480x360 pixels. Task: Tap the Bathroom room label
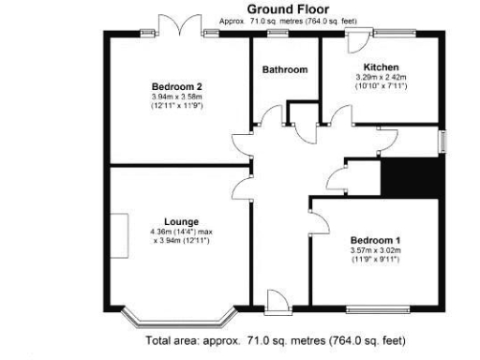point(285,69)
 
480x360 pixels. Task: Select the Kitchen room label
point(382,67)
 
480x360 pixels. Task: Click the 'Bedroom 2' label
point(177,86)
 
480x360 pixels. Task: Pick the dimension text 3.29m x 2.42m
point(382,78)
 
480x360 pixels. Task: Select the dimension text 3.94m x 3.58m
point(177,97)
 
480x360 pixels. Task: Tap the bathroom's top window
point(277,35)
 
